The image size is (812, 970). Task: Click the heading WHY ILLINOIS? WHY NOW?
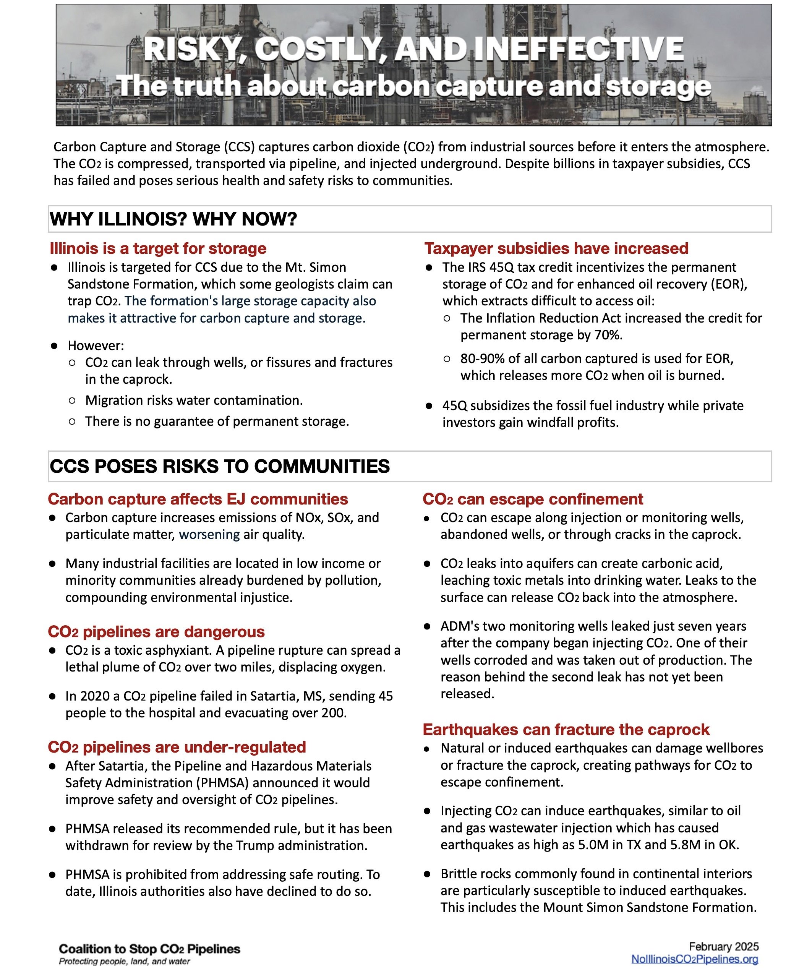point(173,219)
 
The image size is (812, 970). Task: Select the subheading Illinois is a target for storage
point(158,248)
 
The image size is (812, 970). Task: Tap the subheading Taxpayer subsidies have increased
point(556,248)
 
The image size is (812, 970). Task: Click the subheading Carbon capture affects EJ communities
point(198,499)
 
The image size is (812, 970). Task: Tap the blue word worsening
point(209,534)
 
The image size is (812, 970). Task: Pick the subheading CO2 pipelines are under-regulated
point(177,747)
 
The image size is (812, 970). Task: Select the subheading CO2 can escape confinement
point(533,499)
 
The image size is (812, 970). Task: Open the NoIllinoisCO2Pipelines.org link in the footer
point(694,959)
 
